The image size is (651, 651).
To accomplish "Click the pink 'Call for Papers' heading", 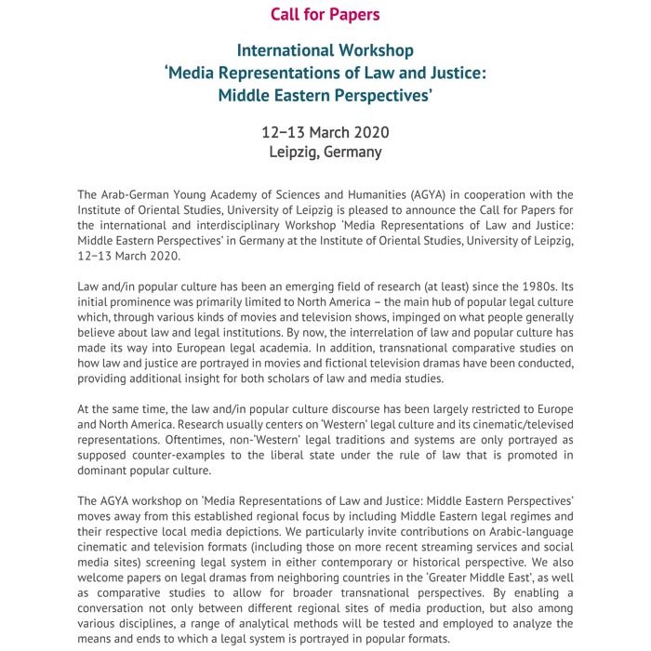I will pyautogui.click(x=325, y=14).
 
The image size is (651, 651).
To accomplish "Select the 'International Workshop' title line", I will pyautogui.click(x=325, y=50).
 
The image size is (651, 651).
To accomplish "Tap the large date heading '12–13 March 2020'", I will pyautogui.click(x=325, y=132).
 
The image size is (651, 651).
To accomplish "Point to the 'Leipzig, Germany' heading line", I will pyautogui.click(x=325, y=153).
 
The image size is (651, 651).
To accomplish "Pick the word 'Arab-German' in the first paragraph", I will pyautogui.click(x=139, y=194).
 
